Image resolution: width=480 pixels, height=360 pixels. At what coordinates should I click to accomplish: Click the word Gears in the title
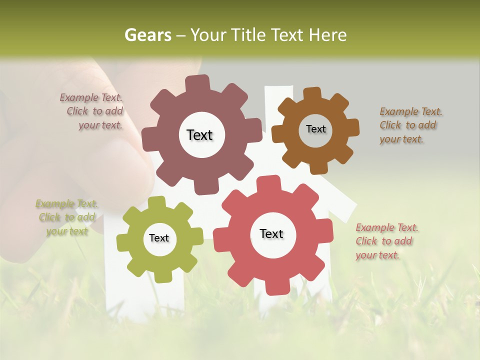[x=148, y=35]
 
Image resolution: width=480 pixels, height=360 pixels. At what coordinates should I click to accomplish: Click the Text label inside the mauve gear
[x=199, y=135]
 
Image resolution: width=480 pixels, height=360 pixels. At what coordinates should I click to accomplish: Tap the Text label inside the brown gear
[x=315, y=129]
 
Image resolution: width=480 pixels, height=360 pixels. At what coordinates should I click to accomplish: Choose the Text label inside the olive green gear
[x=159, y=238]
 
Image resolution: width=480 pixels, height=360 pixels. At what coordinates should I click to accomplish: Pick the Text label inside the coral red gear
[x=271, y=233]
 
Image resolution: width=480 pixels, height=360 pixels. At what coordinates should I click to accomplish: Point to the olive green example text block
[x=67, y=217]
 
